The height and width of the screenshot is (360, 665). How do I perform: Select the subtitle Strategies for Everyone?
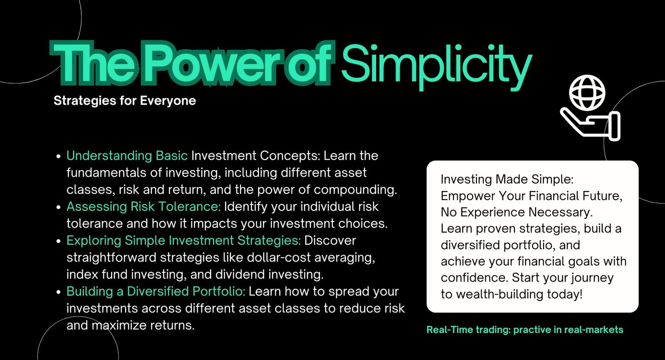[x=125, y=101]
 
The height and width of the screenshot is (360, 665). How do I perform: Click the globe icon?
[x=587, y=93]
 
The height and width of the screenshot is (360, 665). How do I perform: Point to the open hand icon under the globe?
[x=591, y=124]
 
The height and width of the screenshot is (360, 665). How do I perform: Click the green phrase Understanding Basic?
[x=127, y=156]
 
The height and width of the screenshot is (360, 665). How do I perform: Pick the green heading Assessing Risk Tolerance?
[x=144, y=207]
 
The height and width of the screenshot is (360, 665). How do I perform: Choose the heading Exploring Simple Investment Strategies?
[x=184, y=241]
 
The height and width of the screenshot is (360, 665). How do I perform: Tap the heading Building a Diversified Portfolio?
[x=156, y=291]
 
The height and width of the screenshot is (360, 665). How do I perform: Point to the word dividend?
[x=240, y=275]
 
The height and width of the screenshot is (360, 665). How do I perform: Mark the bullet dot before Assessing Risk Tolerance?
[x=59, y=207]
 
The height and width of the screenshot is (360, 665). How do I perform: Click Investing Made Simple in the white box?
[x=507, y=180]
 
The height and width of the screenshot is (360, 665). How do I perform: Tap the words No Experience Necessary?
[x=517, y=212]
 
